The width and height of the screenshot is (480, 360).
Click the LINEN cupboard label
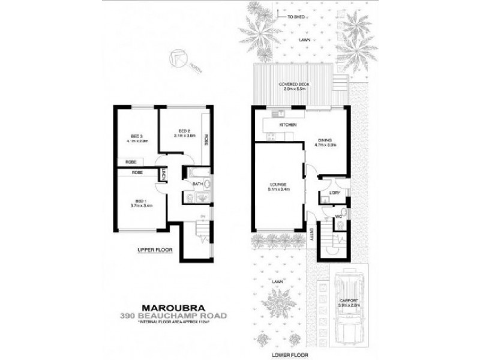pyautogui.click(x=164, y=175)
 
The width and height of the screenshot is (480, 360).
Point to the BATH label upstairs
pyautogui.click(x=197, y=185)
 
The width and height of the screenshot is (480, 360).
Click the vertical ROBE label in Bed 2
pyautogui.click(x=205, y=139)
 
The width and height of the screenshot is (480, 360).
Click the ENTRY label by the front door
pyautogui.click(x=312, y=237)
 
